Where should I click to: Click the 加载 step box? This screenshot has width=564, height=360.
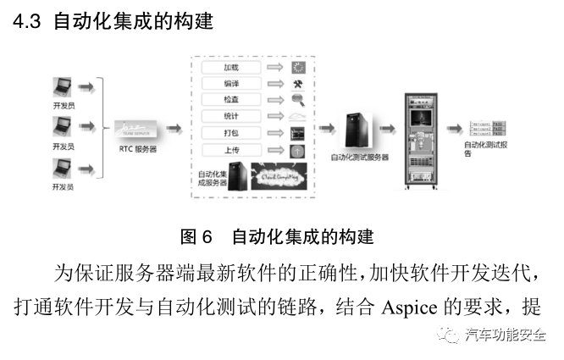(230, 68)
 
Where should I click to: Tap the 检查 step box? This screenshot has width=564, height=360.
(230, 100)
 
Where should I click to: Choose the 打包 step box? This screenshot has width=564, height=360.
(230, 133)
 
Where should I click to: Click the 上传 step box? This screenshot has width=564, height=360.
(230, 150)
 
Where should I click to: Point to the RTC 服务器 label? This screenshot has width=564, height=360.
(139, 149)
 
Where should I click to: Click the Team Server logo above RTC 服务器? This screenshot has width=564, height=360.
(139, 129)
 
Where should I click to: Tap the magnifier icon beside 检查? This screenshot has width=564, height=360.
(297, 101)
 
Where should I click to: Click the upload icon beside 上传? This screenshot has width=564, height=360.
(297, 150)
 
